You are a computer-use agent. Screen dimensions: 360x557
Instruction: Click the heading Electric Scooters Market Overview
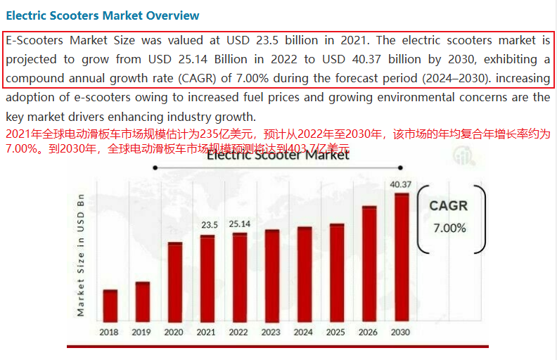point(103,15)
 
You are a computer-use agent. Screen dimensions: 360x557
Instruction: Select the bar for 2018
point(110,304)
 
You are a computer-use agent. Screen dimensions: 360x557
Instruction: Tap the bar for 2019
point(142,300)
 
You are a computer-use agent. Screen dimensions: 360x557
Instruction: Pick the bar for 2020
point(174,281)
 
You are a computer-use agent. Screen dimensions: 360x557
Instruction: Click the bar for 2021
point(207,277)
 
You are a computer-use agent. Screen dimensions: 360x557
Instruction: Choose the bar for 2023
point(271,274)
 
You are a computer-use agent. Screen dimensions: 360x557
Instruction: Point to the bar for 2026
point(369,262)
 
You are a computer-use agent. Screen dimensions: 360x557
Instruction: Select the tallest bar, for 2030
point(401,256)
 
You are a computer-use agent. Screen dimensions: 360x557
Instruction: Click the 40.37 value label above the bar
point(400,185)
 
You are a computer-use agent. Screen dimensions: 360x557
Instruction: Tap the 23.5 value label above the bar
point(210,225)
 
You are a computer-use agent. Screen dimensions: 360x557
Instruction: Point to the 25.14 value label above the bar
point(239,224)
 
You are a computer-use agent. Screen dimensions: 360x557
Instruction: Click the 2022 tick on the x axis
point(238,332)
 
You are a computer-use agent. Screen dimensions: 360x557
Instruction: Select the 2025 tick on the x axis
point(335,332)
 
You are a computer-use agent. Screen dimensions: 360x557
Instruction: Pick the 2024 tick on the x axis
point(303,332)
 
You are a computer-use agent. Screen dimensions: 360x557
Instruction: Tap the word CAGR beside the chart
point(448,206)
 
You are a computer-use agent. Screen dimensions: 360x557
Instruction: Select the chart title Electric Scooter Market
point(278,155)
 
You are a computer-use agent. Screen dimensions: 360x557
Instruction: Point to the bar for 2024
point(304,273)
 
